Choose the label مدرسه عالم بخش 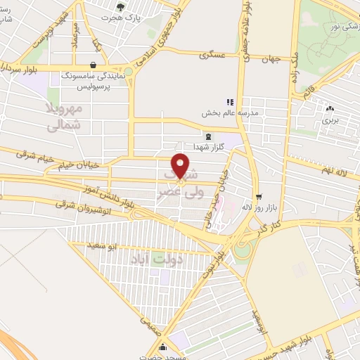[x=250, y=112]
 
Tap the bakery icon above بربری [x=330, y=109]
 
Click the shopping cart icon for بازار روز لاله [x=258, y=196]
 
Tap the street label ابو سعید [x=103, y=246]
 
